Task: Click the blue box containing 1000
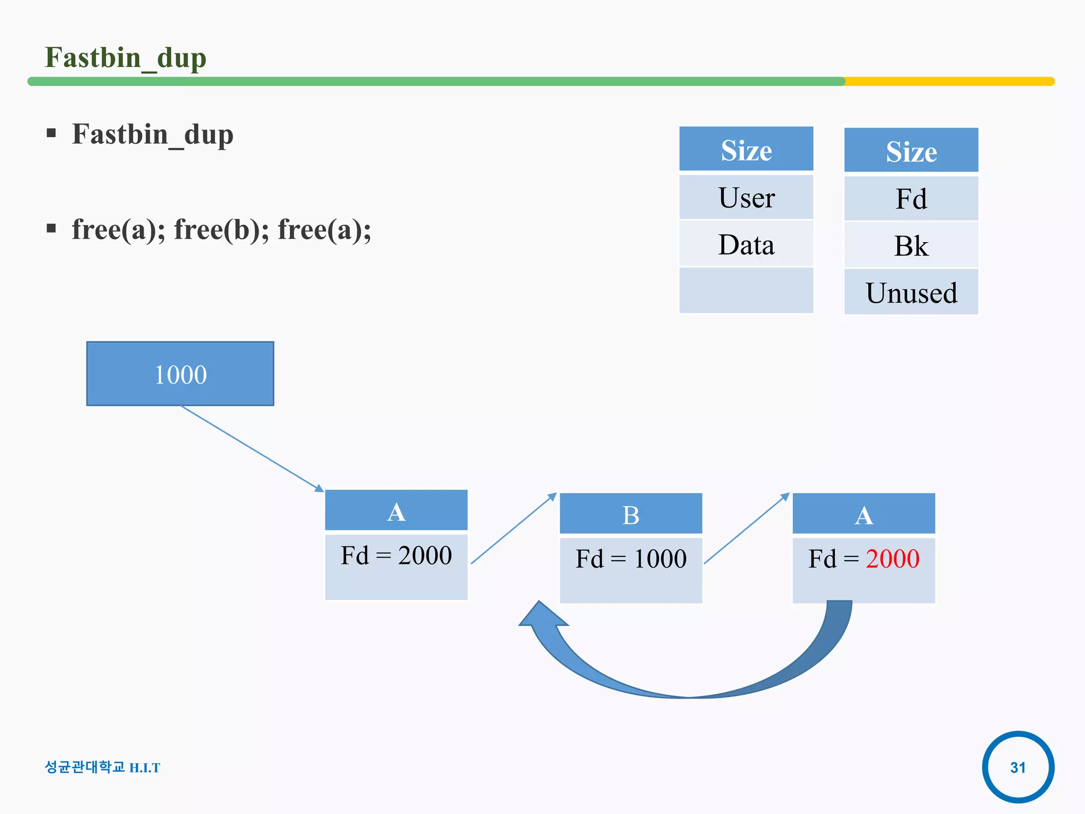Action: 180,374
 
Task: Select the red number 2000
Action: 892,559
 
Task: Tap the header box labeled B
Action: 630,514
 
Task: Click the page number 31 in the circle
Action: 1018,767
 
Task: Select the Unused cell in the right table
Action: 911,293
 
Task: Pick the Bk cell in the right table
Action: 911,246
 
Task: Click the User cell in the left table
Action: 746,198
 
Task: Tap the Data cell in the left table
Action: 746,244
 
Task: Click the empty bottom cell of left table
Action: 746,290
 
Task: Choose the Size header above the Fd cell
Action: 911,151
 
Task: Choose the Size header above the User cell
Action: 746,150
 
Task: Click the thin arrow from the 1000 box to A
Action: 252,448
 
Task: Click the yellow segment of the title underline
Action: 948,82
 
